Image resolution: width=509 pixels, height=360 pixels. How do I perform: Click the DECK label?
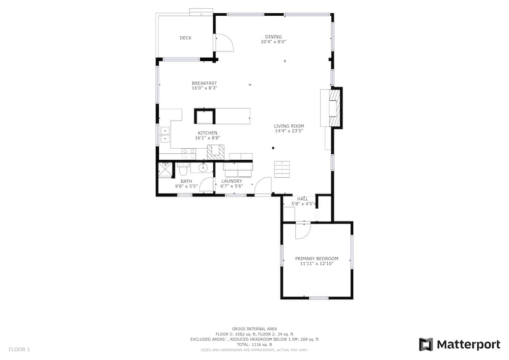pyautogui.click(x=186, y=38)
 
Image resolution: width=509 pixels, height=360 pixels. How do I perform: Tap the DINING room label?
pyautogui.click(x=273, y=37)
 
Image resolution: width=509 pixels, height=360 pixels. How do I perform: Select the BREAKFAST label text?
pyautogui.click(x=204, y=83)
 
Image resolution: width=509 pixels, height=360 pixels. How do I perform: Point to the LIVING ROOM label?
pyautogui.click(x=289, y=126)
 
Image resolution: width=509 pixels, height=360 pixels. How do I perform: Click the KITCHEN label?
pyautogui.click(x=208, y=133)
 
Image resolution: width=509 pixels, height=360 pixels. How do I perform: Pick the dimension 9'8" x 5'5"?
pyautogui.click(x=186, y=186)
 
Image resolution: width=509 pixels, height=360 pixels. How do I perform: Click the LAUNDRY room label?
pyautogui.click(x=232, y=181)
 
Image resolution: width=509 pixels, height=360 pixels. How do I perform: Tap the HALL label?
pyautogui.click(x=303, y=199)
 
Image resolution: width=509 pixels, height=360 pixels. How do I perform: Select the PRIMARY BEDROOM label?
pyautogui.click(x=317, y=258)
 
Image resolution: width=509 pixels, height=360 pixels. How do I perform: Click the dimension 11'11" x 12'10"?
pyautogui.click(x=317, y=264)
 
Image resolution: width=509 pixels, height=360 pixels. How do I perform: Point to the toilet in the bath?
pyautogui.click(x=183, y=169)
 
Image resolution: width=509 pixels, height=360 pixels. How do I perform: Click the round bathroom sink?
pyautogui.click(x=203, y=168)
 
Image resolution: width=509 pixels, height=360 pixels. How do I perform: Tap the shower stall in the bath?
pyautogui.click(x=165, y=170)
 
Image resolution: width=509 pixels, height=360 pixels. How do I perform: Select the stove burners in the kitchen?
pyautogui.click(x=189, y=154)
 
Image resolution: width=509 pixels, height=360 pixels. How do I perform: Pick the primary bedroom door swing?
pyautogui.click(x=303, y=231)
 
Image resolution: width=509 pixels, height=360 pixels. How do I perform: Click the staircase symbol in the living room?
pyautogui.click(x=282, y=169)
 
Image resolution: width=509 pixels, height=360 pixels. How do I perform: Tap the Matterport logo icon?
pyautogui.click(x=426, y=344)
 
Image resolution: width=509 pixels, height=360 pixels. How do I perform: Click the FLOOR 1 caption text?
pyautogui.click(x=19, y=350)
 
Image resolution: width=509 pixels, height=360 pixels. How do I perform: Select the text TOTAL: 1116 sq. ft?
pyautogui.click(x=254, y=345)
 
